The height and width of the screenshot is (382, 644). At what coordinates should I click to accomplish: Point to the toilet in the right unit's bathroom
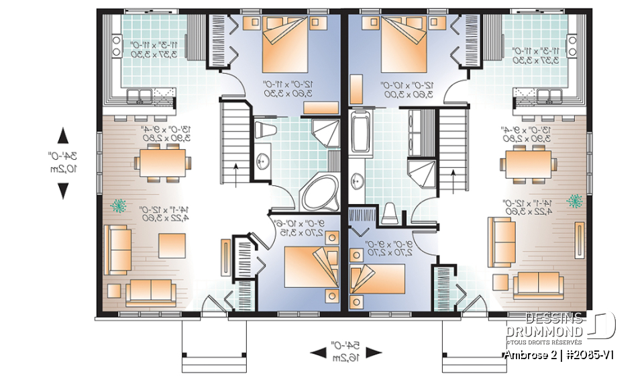point(390,212)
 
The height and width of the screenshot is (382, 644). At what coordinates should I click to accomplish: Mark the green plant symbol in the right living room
point(574,200)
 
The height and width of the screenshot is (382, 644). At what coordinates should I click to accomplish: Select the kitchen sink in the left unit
point(142,95)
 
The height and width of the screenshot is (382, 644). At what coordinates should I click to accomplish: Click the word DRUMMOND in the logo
point(544,332)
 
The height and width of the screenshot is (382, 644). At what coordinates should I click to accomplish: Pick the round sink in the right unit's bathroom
point(359,179)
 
